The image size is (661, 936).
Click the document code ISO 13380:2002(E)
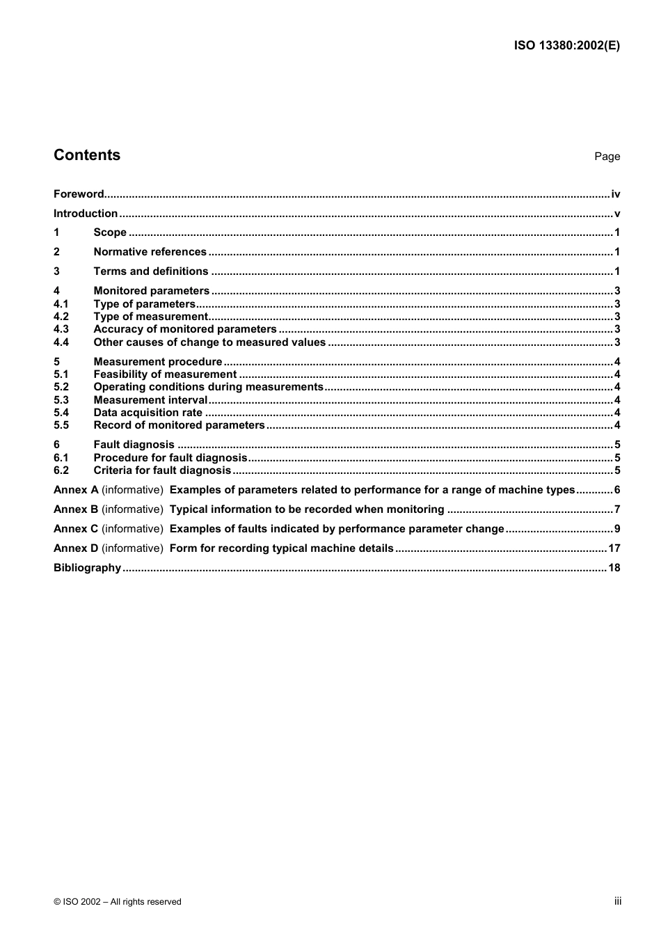[566, 46]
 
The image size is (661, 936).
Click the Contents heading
[87, 155]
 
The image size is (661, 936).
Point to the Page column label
[607, 157]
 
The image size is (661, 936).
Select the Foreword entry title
[79, 194]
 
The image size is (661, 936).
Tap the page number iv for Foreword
[615, 194]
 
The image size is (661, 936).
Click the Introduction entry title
[86, 214]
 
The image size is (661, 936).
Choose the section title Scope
[110, 232]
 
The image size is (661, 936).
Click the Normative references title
[150, 252]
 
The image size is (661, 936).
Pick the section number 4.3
[61, 329]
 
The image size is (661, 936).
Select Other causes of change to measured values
[209, 342]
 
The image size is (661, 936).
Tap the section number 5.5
[61, 425]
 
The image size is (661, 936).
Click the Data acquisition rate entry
[148, 413]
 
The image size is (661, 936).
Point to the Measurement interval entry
[150, 400]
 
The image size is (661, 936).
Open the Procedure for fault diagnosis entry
[170, 458]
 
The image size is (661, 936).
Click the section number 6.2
[61, 470]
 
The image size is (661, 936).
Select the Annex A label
[76, 490]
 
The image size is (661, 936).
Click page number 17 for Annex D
[614, 548]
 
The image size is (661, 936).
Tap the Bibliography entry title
[87, 568]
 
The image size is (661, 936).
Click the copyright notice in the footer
[118, 902]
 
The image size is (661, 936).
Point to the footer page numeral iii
[617, 901]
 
